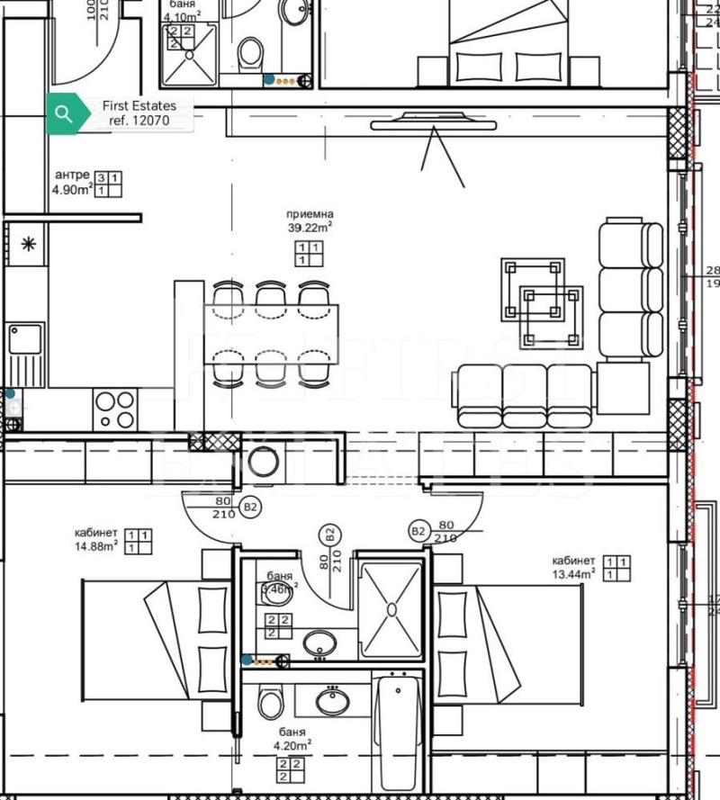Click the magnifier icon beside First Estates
(x=63, y=113)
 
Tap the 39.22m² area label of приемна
(x=310, y=228)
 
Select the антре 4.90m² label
(x=73, y=183)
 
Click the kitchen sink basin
(x=26, y=339)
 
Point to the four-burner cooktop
(x=115, y=409)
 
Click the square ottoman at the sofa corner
(x=622, y=387)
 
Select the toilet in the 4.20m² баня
(x=269, y=702)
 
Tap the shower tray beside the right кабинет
(x=391, y=609)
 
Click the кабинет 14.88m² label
(x=96, y=539)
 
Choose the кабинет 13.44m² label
(x=574, y=567)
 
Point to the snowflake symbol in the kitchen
(x=28, y=243)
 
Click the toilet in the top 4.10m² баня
(x=251, y=55)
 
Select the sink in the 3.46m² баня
(x=319, y=643)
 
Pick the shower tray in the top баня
(x=191, y=55)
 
